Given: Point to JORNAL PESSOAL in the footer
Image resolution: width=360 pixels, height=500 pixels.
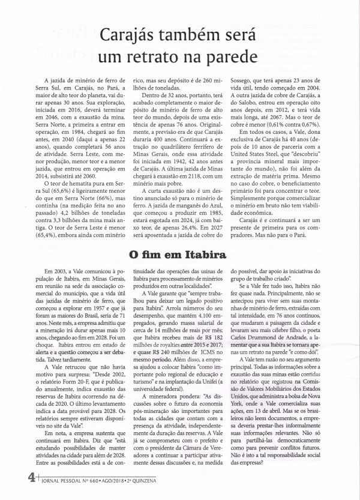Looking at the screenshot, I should [x=67, y=480].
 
